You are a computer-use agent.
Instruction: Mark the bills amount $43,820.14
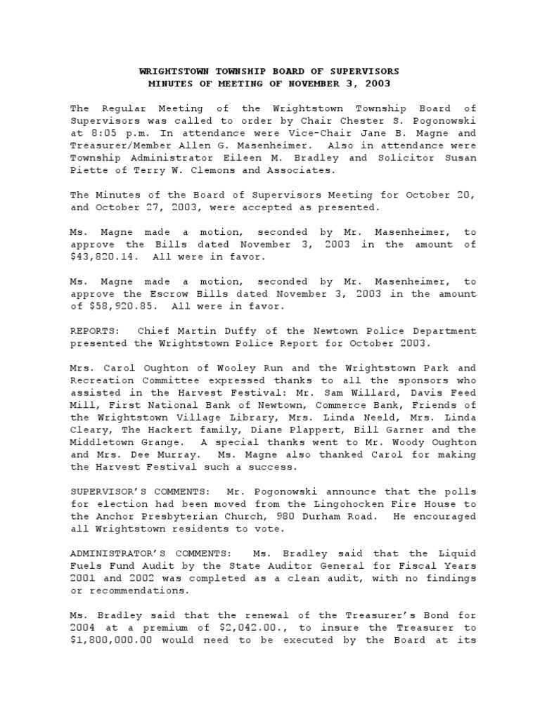pos(101,257)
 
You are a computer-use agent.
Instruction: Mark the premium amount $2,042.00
pos(240,627)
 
